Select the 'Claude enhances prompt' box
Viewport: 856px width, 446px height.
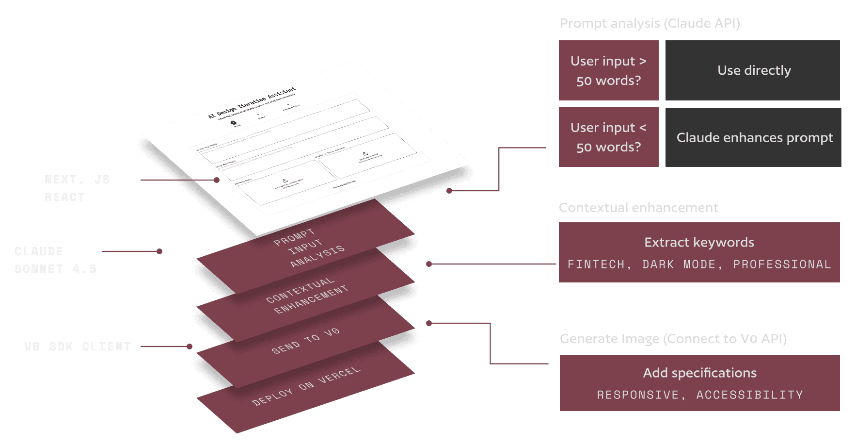[x=754, y=138]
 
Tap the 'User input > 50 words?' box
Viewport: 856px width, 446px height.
[x=608, y=70]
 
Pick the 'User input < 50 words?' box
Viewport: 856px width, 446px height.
[x=608, y=137]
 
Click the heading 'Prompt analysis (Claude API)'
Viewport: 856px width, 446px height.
[x=650, y=23]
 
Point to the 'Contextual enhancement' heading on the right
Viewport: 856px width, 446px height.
[x=638, y=208]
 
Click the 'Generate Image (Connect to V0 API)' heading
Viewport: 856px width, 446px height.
[x=673, y=339]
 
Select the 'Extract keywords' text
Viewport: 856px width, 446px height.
[x=699, y=242]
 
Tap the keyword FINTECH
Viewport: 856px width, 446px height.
[x=596, y=264]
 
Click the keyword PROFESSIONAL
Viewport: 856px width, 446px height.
[x=781, y=264]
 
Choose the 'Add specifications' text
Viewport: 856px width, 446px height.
[x=699, y=373]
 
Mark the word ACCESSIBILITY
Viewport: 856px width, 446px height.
[x=749, y=395]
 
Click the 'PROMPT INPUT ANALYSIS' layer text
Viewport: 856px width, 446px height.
[x=308, y=248]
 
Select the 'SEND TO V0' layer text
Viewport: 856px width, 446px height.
[x=305, y=341]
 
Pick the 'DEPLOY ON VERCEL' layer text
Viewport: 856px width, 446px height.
[x=306, y=386]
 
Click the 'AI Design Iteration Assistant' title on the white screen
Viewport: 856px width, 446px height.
[x=252, y=103]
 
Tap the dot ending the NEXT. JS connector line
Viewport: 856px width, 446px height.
[x=217, y=180]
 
